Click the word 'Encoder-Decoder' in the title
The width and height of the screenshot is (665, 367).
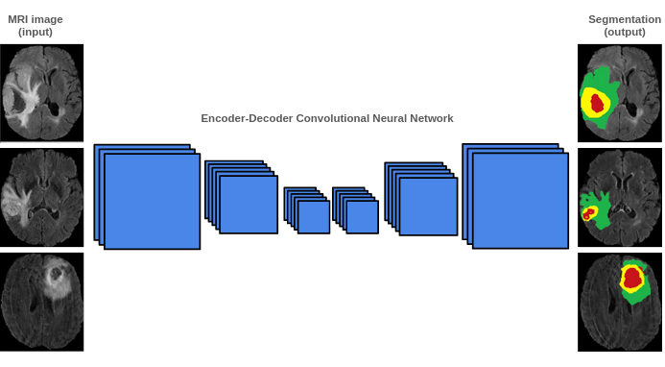click(x=244, y=118)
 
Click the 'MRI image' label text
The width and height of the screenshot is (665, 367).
click(x=36, y=19)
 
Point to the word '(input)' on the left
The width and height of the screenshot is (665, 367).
click(x=36, y=32)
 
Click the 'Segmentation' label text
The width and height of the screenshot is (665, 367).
click(x=624, y=19)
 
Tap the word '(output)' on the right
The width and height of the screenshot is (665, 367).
click(x=624, y=32)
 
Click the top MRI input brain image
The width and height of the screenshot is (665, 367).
click(x=41, y=92)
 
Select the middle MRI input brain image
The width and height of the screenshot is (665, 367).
click(x=41, y=196)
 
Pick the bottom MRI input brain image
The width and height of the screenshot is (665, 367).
click(x=41, y=301)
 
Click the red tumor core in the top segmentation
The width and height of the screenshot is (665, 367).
click(x=597, y=102)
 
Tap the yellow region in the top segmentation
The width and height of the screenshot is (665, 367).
click(x=587, y=99)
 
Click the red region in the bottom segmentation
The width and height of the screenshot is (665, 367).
click(x=631, y=278)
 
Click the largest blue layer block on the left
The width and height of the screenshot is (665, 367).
click(x=152, y=202)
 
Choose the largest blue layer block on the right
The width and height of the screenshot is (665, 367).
click(x=520, y=201)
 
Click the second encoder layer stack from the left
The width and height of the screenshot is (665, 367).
click(x=248, y=204)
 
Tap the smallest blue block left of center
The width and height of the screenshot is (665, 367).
click(x=314, y=216)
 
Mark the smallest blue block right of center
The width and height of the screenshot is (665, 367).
click(x=363, y=216)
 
